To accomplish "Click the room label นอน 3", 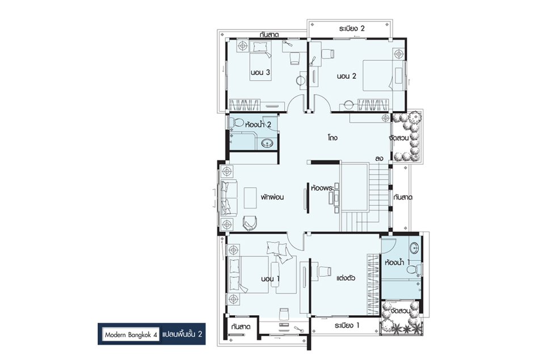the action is [260, 73].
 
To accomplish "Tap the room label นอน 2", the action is [347, 76].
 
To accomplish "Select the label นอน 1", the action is [270, 279].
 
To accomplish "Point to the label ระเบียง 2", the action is [352, 28].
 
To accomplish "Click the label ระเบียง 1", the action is [347, 325].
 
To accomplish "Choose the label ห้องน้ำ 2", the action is [258, 124].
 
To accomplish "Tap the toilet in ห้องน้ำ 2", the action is [237, 122].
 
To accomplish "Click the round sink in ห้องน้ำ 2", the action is [267, 143].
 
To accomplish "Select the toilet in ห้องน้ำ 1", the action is [414, 270].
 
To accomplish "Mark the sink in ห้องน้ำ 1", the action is [414, 248].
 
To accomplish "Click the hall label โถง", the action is [332, 138].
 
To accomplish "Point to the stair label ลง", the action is [379, 158].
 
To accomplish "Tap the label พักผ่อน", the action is [272, 197].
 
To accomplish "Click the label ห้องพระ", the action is [322, 188].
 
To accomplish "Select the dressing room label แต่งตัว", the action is [346, 278].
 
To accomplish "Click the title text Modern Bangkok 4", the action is [131, 335].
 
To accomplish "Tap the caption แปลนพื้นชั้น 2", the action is [182, 334].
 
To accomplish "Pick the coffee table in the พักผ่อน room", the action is [250, 198].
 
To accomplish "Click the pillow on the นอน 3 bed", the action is [260, 46].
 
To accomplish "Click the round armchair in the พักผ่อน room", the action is [250, 223].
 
